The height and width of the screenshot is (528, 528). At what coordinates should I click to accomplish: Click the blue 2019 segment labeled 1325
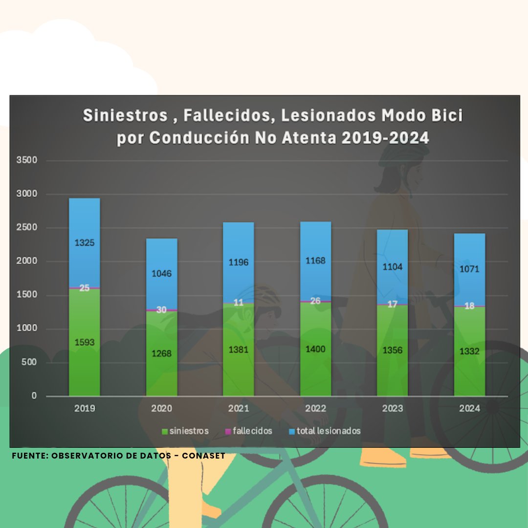[x=84, y=242]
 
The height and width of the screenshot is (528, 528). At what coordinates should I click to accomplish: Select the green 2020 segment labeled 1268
[x=161, y=353]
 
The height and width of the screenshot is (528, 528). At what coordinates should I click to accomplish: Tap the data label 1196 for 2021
[x=239, y=263]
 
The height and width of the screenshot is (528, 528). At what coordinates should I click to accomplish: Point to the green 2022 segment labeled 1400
[x=316, y=349]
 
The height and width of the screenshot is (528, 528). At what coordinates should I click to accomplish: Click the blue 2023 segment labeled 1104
[x=392, y=266]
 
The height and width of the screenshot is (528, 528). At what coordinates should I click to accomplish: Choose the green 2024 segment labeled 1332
[x=469, y=351]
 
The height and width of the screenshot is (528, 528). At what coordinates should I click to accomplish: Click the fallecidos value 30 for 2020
[x=161, y=309]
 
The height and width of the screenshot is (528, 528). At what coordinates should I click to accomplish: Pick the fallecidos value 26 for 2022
[x=316, y=301]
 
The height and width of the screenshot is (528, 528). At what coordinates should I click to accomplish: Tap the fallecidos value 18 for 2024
[x=469, y=306]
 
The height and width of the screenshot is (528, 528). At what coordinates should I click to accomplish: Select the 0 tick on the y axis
[x=35, y=396]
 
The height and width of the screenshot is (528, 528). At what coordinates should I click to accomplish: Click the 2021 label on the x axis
[x=239, y=409]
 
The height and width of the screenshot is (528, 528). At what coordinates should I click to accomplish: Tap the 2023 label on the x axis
[x=392, y=409]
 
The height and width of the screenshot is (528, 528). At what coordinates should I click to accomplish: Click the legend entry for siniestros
[x=185, y=431]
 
